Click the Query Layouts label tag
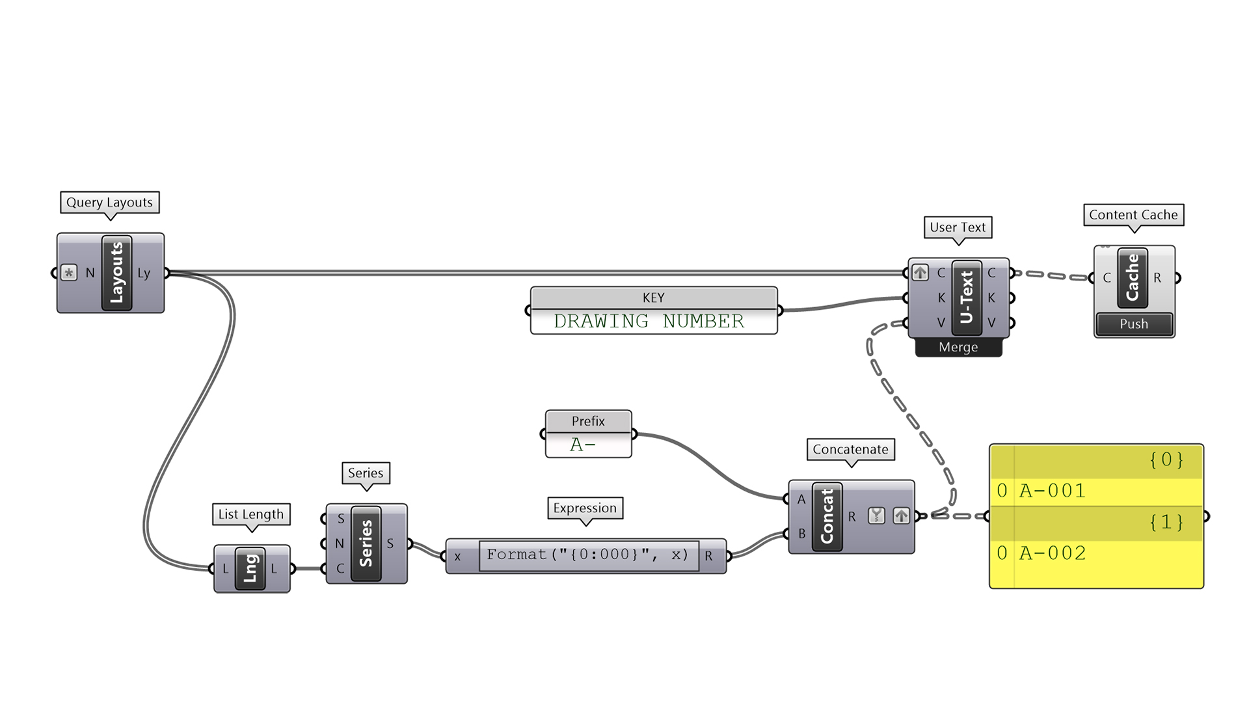pos(109,202)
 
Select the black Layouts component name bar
pos(117,273)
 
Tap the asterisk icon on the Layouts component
pos(69,273)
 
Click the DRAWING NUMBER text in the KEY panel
pos(649,322)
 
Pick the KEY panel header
pos(654,297)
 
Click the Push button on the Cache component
pos(1134,324)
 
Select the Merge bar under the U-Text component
pos(958,348)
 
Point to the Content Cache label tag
pos(1133,215)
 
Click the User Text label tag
pos(958,227)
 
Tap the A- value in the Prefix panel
pos(583,445)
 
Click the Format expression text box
pos(588,555)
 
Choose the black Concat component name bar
pos(827,517)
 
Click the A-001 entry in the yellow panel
pos(1052,491)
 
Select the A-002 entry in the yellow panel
pos(1052,553)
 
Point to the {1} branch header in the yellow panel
pos(1166,522)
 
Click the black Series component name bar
pos(366,544)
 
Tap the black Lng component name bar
pos(250,569)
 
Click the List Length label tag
pos(251,514)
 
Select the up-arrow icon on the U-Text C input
pos(920,273)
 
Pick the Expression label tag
pos(585,508)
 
